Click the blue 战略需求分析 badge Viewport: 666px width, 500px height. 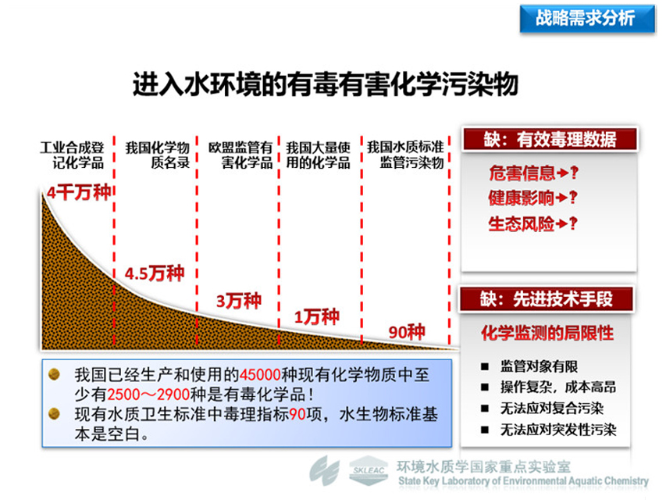(x=587, y=18)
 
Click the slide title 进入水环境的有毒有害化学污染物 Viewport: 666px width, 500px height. (x=326, y=84)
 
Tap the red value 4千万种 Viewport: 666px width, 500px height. (x=79, y=192)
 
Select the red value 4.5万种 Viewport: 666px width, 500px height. (x=155, y=273)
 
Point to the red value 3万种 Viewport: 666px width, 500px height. (x=239, y=301)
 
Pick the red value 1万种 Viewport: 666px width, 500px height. (x=317, y=316)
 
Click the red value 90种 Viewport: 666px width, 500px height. (x=407, y=331)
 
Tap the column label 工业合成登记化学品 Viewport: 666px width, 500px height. (x=72, y=155)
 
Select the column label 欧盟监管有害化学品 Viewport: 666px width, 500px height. (x=240, y=155)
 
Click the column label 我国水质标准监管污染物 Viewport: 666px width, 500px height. (x=406, y=155)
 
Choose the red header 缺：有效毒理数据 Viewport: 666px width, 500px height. (x=550, y=139)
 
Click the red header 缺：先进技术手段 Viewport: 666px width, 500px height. (x=547, y=299)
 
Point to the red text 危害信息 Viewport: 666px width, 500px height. (x=522, y=173)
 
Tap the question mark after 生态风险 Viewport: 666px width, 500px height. (x=574, y=223)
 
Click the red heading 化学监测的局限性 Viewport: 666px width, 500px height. (x=547, y=333)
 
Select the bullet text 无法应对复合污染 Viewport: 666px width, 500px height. (x=552, y=408)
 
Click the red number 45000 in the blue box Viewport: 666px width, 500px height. (x=260, y=374)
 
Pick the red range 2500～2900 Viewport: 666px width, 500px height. (x=148, y=395)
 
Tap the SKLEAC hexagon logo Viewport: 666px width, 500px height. (x=369, y=470)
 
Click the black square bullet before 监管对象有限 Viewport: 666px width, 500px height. (x=485, y=366)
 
